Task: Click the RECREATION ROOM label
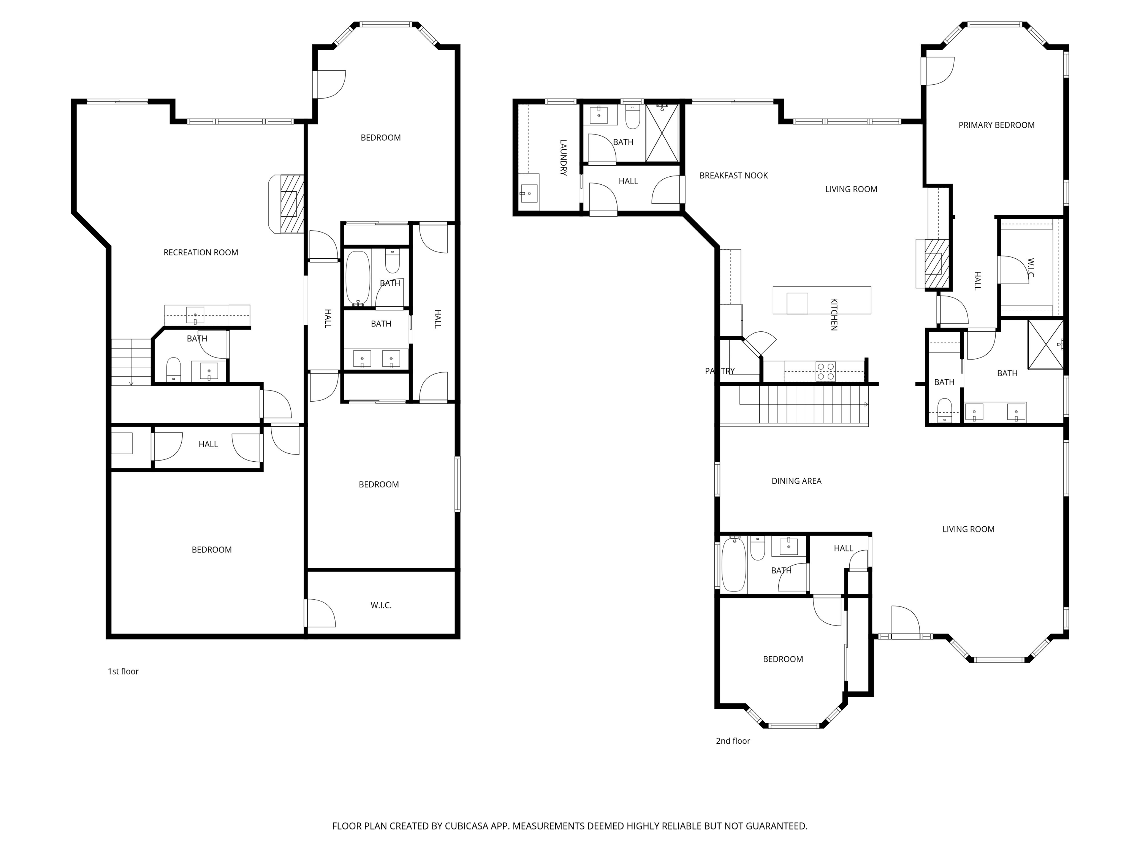[201, 253]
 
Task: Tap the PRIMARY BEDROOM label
[996, 125]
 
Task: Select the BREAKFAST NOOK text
[733, 176]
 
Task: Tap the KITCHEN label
[834, 314]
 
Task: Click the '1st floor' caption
[123, 671]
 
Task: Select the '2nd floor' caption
[733, 741]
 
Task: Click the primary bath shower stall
[1045, 345]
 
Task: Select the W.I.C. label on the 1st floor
[381, 606]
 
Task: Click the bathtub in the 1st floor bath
[358, 278]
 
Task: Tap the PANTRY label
[720, 371]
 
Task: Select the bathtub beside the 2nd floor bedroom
[733, 564]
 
